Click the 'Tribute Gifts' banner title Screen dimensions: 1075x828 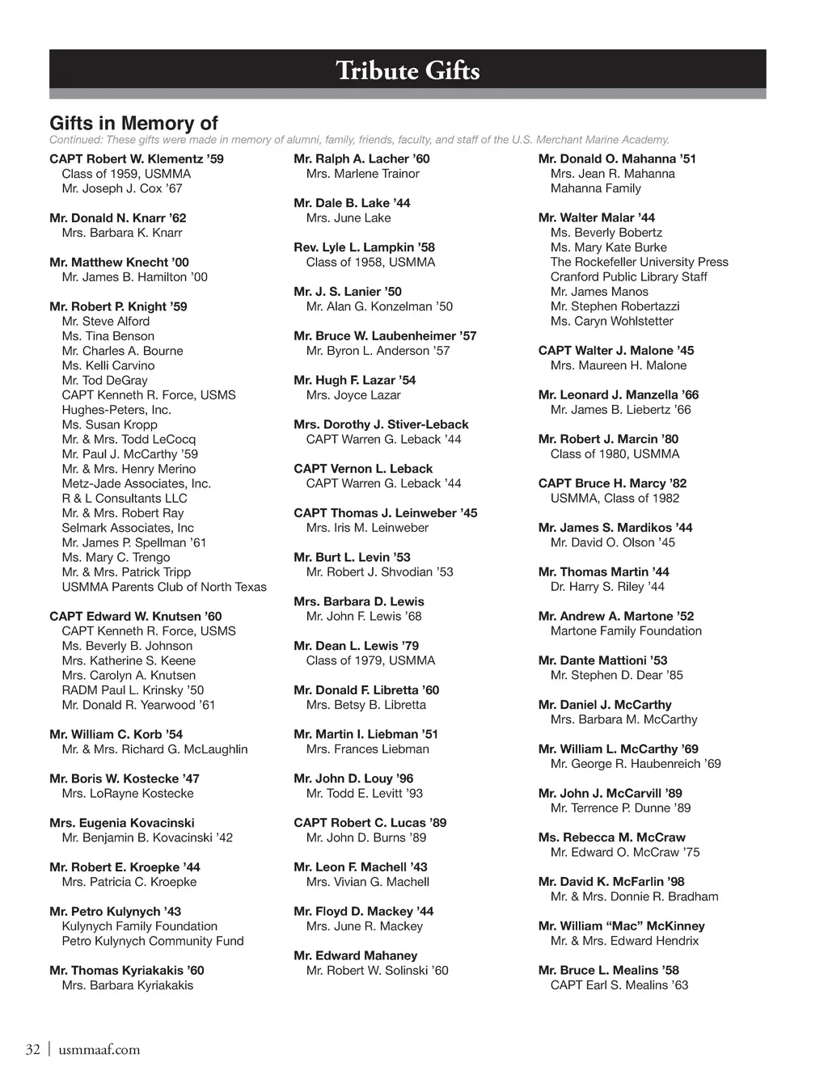pyautogui.click(x=408, y=71)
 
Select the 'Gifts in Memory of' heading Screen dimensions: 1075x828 pyautogui.click(x=133, y=124)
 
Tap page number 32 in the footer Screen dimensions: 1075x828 pyautogui.click(x=32, y=1050)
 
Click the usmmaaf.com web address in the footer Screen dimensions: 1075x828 pyautogui.click(x=99, y=1050)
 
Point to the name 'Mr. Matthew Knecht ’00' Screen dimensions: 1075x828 pyautogui.click(x=119, y=263)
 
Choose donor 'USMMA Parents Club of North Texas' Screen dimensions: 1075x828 pyautogui.click(x=163, y=587)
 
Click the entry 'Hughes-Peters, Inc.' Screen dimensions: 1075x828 pyautogui.click(x=116, y=410)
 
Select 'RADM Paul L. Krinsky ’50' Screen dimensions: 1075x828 pyautogui.click(x=133, y=690)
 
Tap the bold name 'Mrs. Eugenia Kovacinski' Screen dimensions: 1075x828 pyautogui.click(x=122, y=823)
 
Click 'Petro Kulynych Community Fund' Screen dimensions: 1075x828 pyautogui.click(x=152, y=941)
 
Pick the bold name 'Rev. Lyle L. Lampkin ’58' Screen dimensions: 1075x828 pyautogui.click(x=364, y=247)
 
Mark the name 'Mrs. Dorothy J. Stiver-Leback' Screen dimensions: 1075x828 pyautogui.click(x=381, y=424)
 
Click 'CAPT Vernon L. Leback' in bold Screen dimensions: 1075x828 pyautogui.click(x=363, y=469)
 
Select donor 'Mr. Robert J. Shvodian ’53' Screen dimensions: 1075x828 pyautogui.click(x=379, y=572)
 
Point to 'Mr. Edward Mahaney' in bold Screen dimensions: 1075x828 pyautogui.click(x=356, y=955)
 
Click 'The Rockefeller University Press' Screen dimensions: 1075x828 pyautogui.click(x=639, y=262)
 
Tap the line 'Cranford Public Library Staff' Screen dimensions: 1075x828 pyautogui.click(x=628, y=276)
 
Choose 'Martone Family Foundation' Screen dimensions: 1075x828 pyautogui.click(x=626, y=631)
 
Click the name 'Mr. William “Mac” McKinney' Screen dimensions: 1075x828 pyautogui.click(x=621, y=926)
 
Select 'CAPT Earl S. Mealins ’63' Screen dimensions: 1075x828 pyautogui.click(x=619, y=985)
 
